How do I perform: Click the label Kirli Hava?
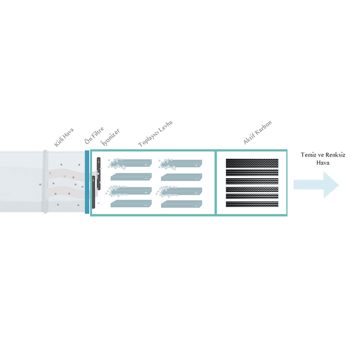coord(64,137)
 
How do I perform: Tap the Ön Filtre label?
coord(94,135)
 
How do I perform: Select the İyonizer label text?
coord(110,137)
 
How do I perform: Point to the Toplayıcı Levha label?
coord(155,134)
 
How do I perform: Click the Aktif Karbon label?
coord(257,132)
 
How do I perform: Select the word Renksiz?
coord(336,155)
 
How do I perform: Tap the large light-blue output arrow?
coord(316,185)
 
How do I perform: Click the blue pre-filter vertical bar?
coord(87,182)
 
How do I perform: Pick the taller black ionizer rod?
coord(99,174)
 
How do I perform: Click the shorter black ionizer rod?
coord(94,192)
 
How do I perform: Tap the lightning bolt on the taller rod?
coord(99,162)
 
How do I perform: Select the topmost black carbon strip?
coord(252,163)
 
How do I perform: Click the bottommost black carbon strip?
coord(252,204)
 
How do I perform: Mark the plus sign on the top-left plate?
coord(146,165)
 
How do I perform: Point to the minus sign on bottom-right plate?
coord(196,206)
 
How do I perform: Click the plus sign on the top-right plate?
coord(196,165)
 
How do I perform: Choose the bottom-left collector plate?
coord(131,204)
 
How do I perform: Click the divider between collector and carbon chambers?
coord(215,183)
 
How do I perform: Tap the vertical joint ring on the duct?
coord(45,181)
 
